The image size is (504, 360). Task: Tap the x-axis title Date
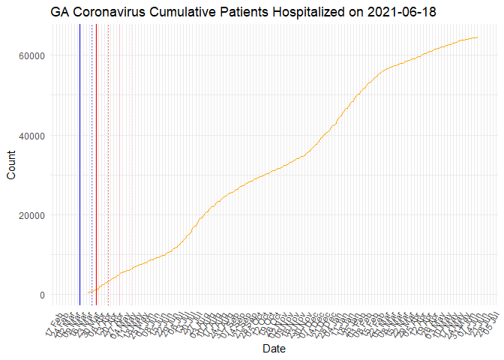[x=273, y=349]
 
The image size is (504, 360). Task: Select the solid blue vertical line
[x=79, y=165]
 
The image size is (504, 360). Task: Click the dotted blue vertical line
[x=91, y=165]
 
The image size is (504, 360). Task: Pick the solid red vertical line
[x=96, y=165]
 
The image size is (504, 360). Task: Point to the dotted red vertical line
[x=108, y=165]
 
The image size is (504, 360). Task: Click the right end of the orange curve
[x=478, y=37]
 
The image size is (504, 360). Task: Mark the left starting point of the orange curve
[x=88, y=292]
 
